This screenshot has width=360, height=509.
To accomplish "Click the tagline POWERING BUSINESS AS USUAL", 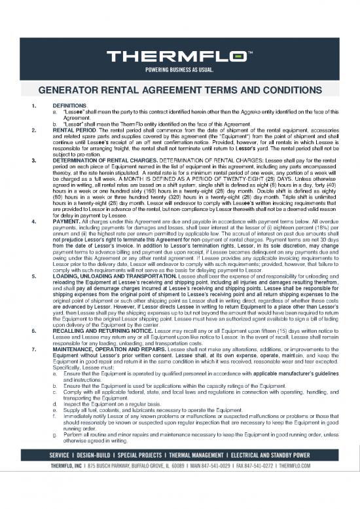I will (x=179, y=68).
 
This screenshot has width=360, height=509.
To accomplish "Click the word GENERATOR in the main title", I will (x=80, y=90).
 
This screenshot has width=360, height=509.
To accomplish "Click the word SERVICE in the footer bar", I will (x=54, y=474).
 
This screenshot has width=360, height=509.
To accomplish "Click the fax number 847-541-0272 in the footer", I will (x=262, y=484).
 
